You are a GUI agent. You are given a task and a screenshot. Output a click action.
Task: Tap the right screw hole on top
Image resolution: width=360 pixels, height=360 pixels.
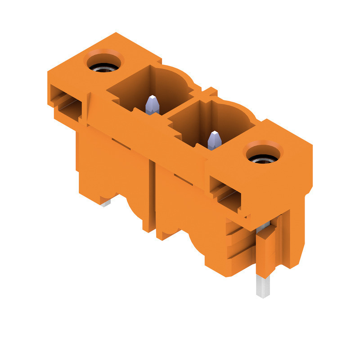(x=264, y=154)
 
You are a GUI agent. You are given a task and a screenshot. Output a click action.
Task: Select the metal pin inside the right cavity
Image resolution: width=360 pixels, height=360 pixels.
(x=214, y=140)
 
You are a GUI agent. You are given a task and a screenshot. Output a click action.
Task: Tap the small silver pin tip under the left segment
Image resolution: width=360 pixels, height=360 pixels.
(x=105, y=203)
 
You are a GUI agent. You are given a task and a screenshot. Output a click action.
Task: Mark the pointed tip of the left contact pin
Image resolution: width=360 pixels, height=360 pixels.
(x=153, y=98)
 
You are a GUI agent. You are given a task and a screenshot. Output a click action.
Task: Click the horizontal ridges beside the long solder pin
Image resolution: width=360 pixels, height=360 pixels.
(x=241, y=245)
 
